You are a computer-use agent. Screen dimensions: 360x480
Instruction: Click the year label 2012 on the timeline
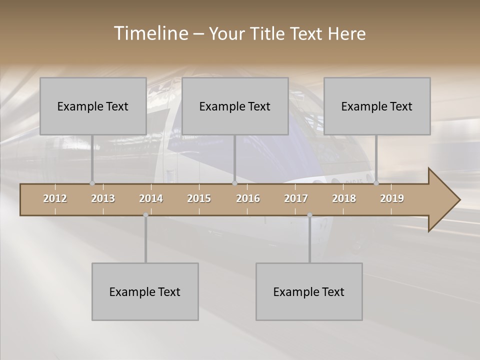55,198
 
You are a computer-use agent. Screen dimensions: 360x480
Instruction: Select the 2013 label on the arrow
103,198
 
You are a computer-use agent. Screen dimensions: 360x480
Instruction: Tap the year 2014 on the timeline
151,198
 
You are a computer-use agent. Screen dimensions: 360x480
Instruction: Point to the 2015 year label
199,198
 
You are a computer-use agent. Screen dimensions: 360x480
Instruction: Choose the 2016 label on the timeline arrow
248,198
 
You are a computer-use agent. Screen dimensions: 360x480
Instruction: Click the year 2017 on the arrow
296,198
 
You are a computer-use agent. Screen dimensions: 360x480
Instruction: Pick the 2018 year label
344,198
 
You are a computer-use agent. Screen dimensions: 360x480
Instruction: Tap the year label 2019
392,198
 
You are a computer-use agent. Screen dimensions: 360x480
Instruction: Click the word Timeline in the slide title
150,33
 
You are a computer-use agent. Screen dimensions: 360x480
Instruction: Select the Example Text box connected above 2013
93,106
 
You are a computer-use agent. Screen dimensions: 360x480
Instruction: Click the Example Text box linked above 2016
235,106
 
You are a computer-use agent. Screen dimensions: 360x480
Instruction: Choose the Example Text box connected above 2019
377,106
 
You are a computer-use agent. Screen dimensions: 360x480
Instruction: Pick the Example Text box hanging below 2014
145,291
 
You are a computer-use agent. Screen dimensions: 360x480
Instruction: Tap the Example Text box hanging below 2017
309,291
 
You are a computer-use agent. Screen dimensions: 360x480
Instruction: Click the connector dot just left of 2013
92,183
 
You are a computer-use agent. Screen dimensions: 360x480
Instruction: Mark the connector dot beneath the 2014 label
145,215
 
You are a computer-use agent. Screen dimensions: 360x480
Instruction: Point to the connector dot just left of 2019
376,183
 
